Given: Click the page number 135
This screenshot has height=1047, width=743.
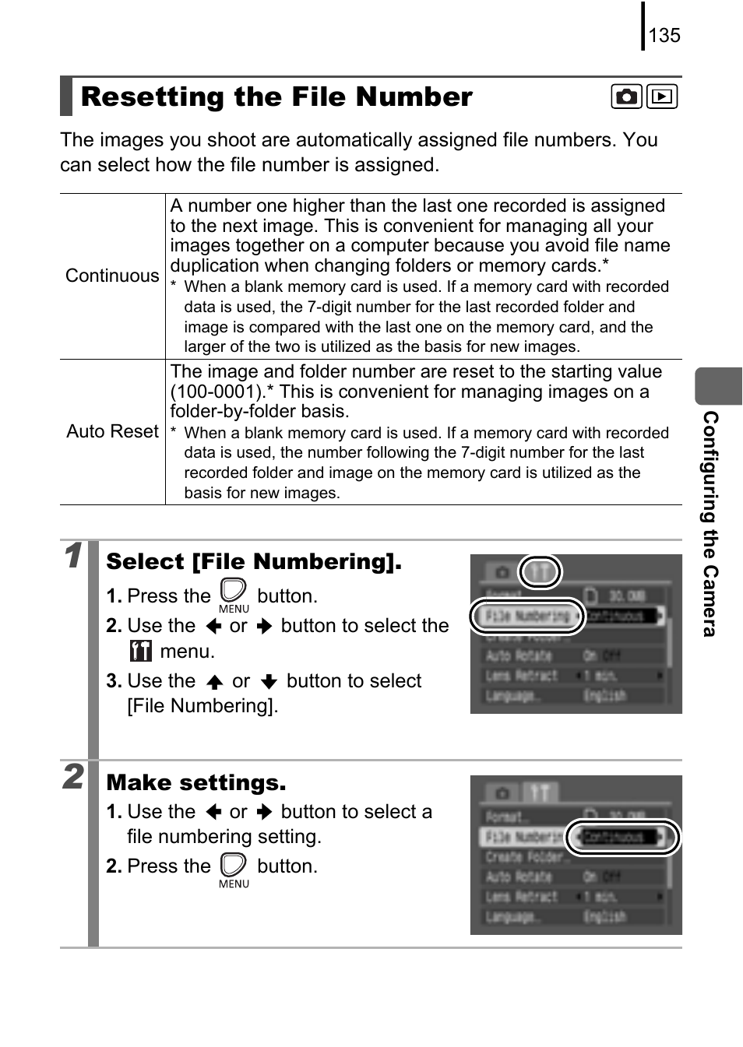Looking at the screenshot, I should coord(664,35).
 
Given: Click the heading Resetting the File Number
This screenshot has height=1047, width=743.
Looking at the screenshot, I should coord(276,97).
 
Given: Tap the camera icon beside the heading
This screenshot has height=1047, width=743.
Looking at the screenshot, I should coord(626,97).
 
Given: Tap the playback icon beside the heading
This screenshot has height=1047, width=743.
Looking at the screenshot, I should coord(662,97).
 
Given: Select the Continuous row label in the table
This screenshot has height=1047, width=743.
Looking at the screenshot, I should coord(112,276).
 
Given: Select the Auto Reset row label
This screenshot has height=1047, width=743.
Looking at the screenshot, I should coord(112,431).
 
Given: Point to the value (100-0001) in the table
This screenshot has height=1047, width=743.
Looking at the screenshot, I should coord(214,392).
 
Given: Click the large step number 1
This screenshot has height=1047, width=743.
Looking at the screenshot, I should coord(72,556).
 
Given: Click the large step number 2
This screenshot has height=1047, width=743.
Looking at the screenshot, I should coord(72,777).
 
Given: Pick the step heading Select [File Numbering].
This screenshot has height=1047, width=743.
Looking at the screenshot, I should coord(254,562).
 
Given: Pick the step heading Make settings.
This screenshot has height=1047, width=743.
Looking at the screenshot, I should coord(196,782).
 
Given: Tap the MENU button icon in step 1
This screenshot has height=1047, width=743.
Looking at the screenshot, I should coord(234,596).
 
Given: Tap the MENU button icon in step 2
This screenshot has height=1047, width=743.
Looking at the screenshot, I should coord(234,869).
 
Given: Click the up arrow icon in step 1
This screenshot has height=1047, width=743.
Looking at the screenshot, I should coord(215,682).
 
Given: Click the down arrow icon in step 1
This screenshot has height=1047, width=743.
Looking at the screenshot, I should coord(269,682).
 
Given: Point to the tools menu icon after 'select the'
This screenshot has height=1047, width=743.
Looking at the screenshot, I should coord(141,651).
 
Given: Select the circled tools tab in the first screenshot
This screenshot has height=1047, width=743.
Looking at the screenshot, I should coord(540,573).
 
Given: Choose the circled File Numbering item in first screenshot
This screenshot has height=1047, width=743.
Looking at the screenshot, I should coord(527,617).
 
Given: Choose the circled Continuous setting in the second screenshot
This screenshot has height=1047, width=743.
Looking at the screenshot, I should coord(622,838).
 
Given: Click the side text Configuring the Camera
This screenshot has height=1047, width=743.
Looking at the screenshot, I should coord(710,523).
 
